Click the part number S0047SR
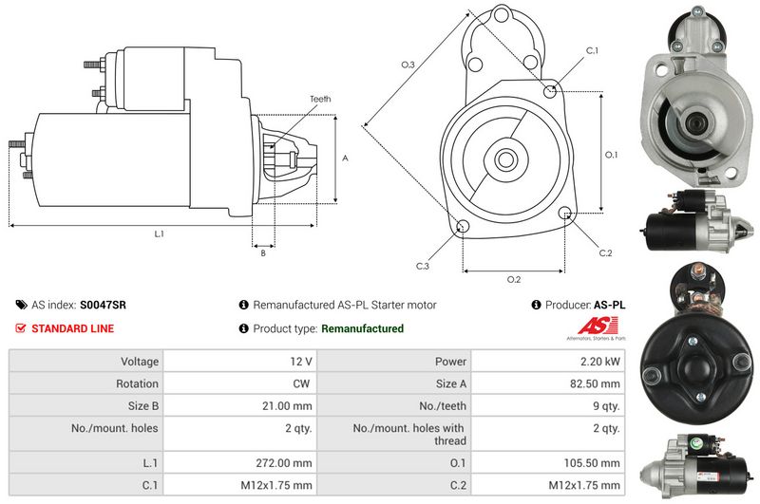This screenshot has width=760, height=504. (x=103, y=305)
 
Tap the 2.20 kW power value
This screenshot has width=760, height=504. (x=600, y=362)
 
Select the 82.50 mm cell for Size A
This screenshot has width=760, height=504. (x=595, y=383)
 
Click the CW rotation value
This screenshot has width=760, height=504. (x=301, y=383)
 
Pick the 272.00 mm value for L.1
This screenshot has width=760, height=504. (x=284, y=463)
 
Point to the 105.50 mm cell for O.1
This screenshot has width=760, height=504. (x=592, y=463)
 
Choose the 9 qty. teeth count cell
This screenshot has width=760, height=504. (x=606, y=405)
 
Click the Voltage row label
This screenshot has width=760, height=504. (x=140, y=362)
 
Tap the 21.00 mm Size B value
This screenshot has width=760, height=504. (x=287, y=405)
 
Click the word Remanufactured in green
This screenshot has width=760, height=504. (x=362, y=328)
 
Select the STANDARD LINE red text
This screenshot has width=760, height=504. (x=73, y=328)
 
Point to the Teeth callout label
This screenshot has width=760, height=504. (x=320, y=99)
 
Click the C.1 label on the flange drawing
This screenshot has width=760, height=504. (x=592, y=50)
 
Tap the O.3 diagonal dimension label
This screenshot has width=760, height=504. (x=408, y=65)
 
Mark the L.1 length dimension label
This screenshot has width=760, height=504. (x=159, y=233)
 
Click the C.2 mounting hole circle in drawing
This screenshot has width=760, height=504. (x=564, y=213)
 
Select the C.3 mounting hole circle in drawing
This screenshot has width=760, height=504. (x=464, y=226)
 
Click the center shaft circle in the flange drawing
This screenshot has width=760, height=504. (x=505, y=159)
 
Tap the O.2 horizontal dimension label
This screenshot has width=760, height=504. (x=514, y=279)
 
